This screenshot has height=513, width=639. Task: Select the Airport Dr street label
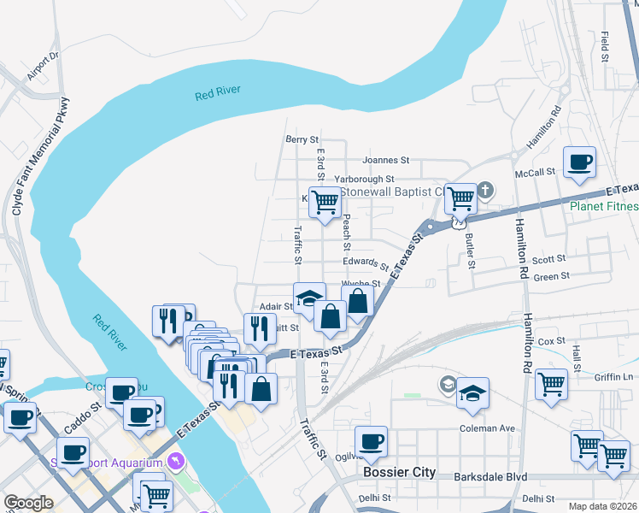[x=42, y=66]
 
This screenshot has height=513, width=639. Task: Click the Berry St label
[x=302, y=139]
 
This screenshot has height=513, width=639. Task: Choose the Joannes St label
[x=386, y=160]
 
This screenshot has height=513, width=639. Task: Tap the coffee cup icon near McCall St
[x=579, y=162]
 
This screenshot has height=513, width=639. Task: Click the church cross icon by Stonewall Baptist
[x=486, y=190]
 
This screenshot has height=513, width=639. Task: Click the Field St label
[x=604, y=47]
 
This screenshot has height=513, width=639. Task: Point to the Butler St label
[x=469, y=251]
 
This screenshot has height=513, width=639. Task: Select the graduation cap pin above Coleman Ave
[x=472, y=393]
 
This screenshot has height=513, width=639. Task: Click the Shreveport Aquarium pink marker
[x=177, y=462]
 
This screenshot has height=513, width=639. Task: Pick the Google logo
[x=28, y=503]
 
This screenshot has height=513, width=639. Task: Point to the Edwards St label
[x=366, y=263]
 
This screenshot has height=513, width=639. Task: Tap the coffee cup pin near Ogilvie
[x=371, y=442]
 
